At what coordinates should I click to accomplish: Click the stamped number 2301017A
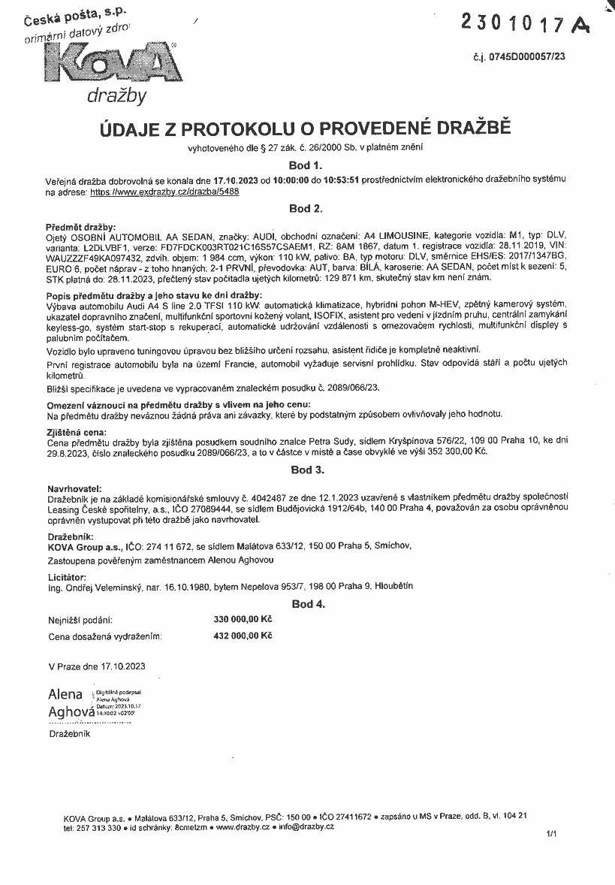coord(524,26)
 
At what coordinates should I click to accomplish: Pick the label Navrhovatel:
coord(74,488)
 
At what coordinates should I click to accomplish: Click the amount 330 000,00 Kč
coord(243,620)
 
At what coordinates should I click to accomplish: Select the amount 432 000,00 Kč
coord(243,636)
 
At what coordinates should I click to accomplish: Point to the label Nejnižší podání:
coord(80,620)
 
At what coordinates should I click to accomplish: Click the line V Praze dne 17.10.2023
coord(96,666)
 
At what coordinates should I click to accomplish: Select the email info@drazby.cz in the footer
coord(306,826)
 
